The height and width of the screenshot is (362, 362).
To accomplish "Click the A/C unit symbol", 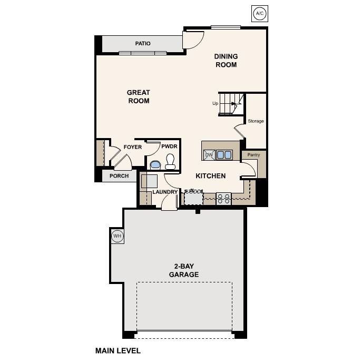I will (x=259, y=14).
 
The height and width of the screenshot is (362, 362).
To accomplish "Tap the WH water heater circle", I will (x=117, y=236).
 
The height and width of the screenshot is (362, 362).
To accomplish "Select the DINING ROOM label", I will (x=226, y=61).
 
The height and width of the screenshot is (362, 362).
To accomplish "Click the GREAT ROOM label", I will (x=139, y=96).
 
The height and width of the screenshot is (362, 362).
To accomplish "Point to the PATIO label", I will (x=142, y=44).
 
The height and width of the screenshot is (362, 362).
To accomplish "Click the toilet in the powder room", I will (x=170, y=161).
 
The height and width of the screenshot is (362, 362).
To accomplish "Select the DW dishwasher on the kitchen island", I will (x=209, y=154).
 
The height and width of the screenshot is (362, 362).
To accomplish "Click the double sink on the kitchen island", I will (x=224, y=154).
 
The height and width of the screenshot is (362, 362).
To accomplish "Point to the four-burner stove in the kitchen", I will (x=224, y=198).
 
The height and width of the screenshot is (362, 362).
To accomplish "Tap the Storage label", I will (x=256, y=121).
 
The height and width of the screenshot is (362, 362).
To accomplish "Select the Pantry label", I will (x=253, y=155).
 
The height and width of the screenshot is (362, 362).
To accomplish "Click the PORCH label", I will (x=119, y=176).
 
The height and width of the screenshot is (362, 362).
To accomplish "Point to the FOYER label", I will (x=132, y=147).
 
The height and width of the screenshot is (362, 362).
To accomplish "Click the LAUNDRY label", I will (x=165, y=192).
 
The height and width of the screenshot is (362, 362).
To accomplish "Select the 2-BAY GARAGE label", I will (x=184, y=270).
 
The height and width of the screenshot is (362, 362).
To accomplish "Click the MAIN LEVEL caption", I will (x=118, y=350).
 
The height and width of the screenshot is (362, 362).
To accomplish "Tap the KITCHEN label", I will (x=211, y=176).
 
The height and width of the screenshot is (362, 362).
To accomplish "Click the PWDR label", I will (x=169, y=146).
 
